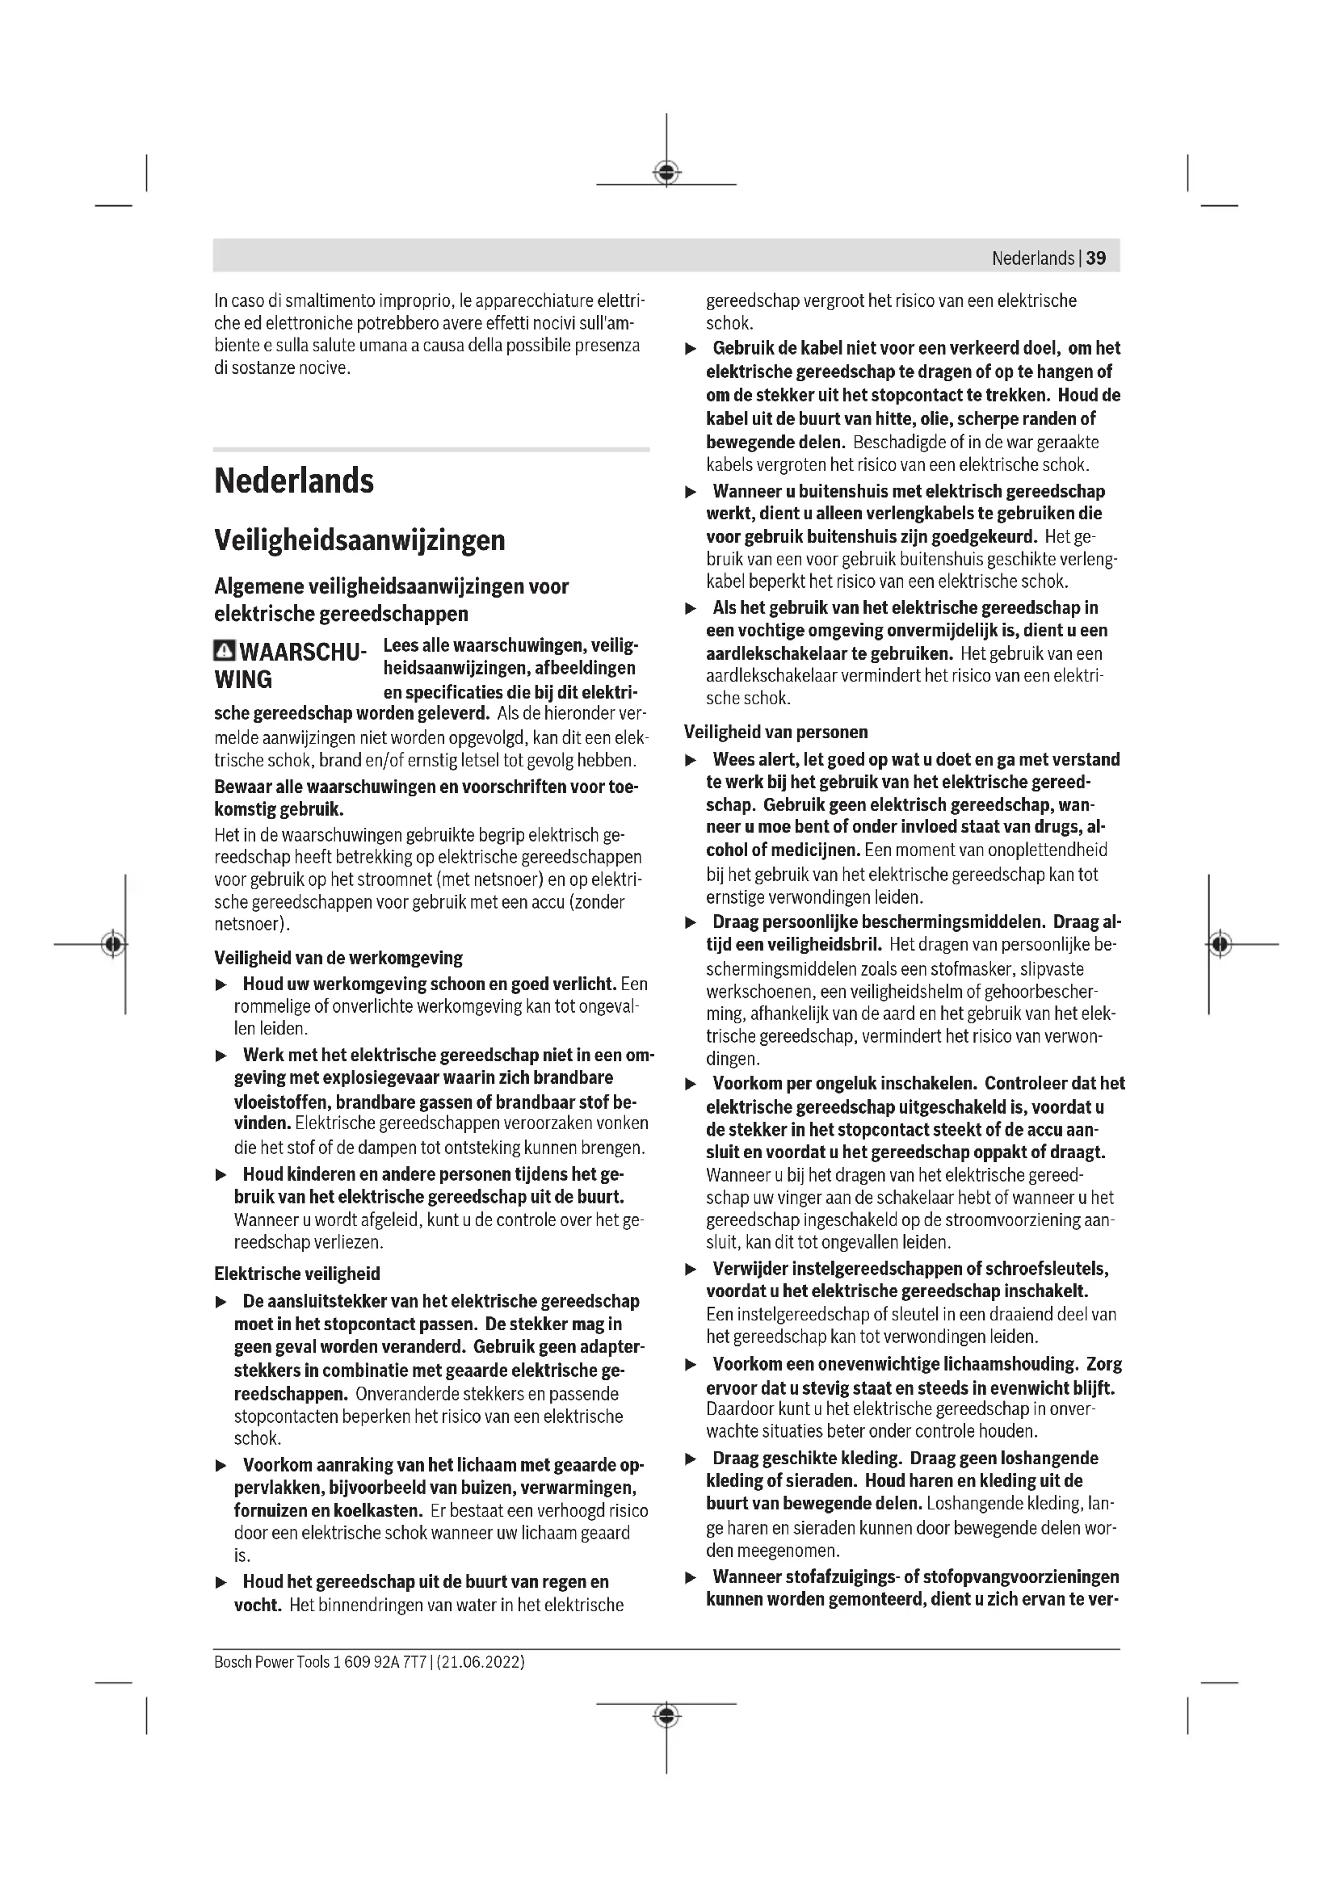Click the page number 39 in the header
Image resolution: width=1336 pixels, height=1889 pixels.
[x=1096, y=258]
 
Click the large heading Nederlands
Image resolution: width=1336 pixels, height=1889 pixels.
[x=294, y=481]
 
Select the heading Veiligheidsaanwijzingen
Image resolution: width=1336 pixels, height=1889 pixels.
[x=359, y=540]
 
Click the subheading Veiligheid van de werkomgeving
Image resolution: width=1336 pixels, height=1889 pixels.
[x=338, y=958]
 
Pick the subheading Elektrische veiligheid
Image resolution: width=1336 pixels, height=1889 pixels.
[x=297, y=1274]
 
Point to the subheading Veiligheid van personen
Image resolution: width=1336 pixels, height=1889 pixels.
[x=775, y=732]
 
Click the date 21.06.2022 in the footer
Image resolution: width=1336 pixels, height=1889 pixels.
[x=481, y=1662]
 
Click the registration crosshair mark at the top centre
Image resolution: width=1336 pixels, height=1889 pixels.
[x=666, y=173]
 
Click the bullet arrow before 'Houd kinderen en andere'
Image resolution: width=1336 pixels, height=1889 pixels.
[x=221, y=1175]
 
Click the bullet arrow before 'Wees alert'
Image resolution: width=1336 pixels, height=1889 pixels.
[x=691, y=760]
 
